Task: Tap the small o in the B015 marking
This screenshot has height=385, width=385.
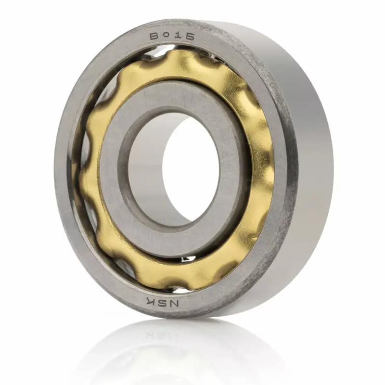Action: click(167, 35)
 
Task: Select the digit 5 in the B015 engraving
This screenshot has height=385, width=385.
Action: click(189, 37)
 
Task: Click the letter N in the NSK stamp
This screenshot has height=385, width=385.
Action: click(174, 303)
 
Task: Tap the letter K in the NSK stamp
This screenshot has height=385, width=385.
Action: click(151, 299)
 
